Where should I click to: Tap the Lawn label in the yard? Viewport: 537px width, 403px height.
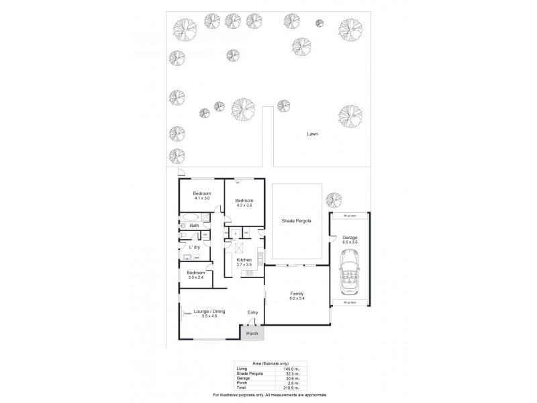312,134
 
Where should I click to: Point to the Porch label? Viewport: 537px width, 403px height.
252,333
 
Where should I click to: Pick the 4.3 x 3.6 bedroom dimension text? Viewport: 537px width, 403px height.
244,205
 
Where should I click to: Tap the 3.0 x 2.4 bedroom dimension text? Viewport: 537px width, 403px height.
195,277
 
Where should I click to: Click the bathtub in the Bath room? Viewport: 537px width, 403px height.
191,218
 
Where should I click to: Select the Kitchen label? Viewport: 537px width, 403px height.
244,259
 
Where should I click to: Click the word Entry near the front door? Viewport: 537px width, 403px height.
252,312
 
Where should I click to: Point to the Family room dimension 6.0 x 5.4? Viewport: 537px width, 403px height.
296,298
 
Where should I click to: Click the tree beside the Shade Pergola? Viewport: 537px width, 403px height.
329,199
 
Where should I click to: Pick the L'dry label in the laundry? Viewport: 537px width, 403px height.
195,248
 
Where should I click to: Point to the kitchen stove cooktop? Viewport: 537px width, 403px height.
250,273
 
